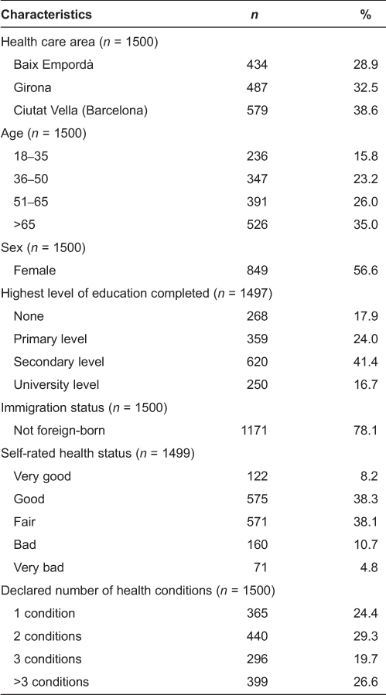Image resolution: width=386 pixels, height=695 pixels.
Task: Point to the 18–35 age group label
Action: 29,156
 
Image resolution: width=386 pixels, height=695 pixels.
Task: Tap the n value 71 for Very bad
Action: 260,567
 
